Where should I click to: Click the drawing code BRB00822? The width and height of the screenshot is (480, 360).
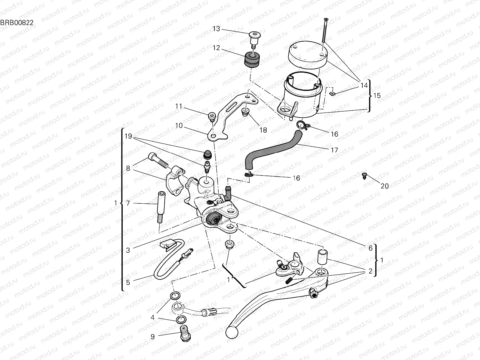17,22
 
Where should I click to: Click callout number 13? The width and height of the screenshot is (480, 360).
216,29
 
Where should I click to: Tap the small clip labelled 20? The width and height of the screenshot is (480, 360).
365,176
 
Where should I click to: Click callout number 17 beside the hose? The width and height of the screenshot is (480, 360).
334,150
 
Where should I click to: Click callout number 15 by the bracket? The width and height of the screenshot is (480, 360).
377,95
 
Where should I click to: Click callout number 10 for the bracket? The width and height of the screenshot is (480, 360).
179,125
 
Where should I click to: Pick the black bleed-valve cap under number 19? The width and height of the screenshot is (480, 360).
206,154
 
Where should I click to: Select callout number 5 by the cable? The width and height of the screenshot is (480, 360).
128,282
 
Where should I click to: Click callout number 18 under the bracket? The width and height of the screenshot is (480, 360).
263,130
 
